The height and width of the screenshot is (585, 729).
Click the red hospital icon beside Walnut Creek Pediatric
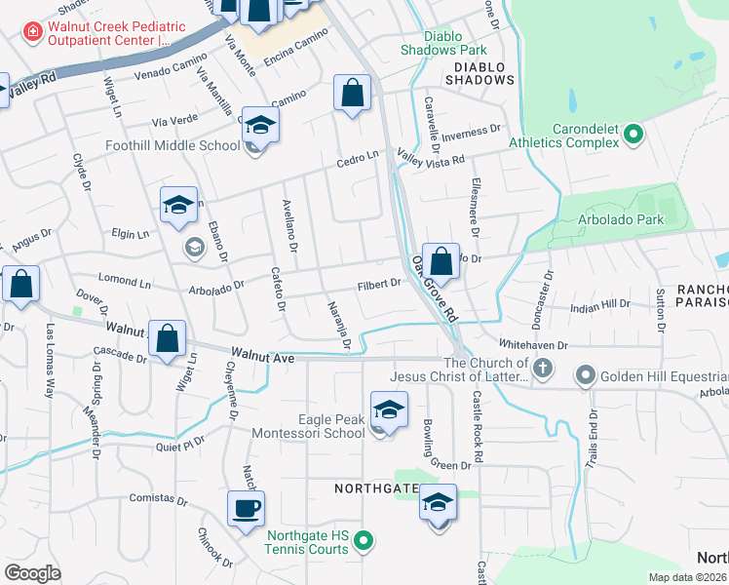(x=33, y=32)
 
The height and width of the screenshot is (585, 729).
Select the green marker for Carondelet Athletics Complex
(x=633, y=133)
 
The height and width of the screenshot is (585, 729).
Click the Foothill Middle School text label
(x=173, y=146)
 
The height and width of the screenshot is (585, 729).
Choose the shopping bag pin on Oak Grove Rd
(x=441, y=261)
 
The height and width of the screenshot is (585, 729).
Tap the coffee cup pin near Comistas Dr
(x=246, y=509)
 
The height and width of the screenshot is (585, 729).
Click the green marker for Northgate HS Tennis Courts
(x=363, y=539)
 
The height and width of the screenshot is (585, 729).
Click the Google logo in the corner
(x=32, y=573)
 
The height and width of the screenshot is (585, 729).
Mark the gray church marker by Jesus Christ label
(x=544, y=370)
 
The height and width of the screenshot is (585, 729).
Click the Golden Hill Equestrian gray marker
(x=586, y=375)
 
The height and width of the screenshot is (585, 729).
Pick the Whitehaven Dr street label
(x=532, y=345)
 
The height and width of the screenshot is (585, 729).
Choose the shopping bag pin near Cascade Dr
(x=168, y=339)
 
